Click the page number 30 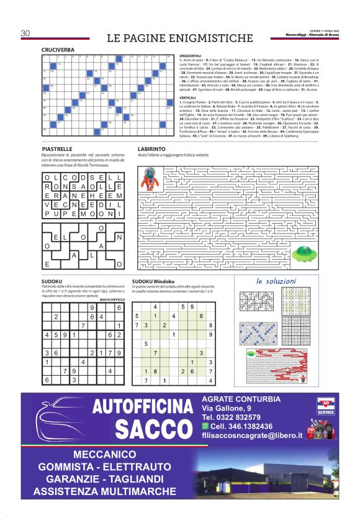tap(25, 33)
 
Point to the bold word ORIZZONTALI tap(190, 55)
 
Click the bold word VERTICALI tap(187, 97)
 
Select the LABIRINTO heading tap(151, 150)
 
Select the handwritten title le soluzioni tap(277, 281)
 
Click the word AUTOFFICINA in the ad tap(142, 407)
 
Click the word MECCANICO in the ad tap(104, 454)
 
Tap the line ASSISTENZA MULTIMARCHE tap(104, 491)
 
